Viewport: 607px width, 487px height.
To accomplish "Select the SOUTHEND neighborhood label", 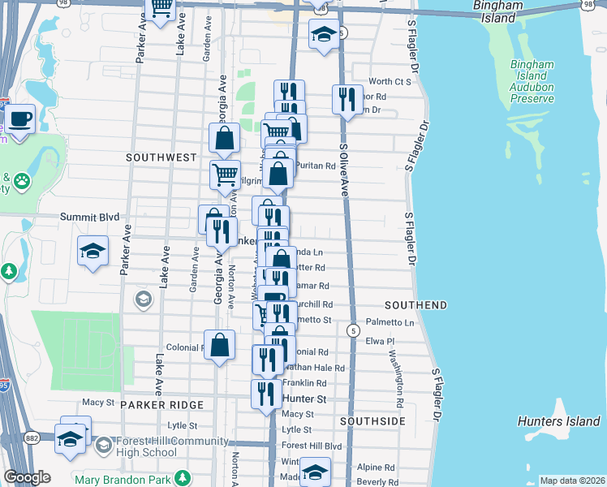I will click(415, 305).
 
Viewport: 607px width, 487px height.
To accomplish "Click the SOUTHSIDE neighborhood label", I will click(372, 422).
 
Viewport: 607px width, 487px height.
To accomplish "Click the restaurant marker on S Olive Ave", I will click(347, 100).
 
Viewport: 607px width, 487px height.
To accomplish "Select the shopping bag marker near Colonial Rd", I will click(220, 344).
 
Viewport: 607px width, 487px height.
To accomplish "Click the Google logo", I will click(27, 477).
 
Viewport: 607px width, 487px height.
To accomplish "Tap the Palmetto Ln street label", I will click(390, 322).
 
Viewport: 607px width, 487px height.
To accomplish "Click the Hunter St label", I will click(304, 399).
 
